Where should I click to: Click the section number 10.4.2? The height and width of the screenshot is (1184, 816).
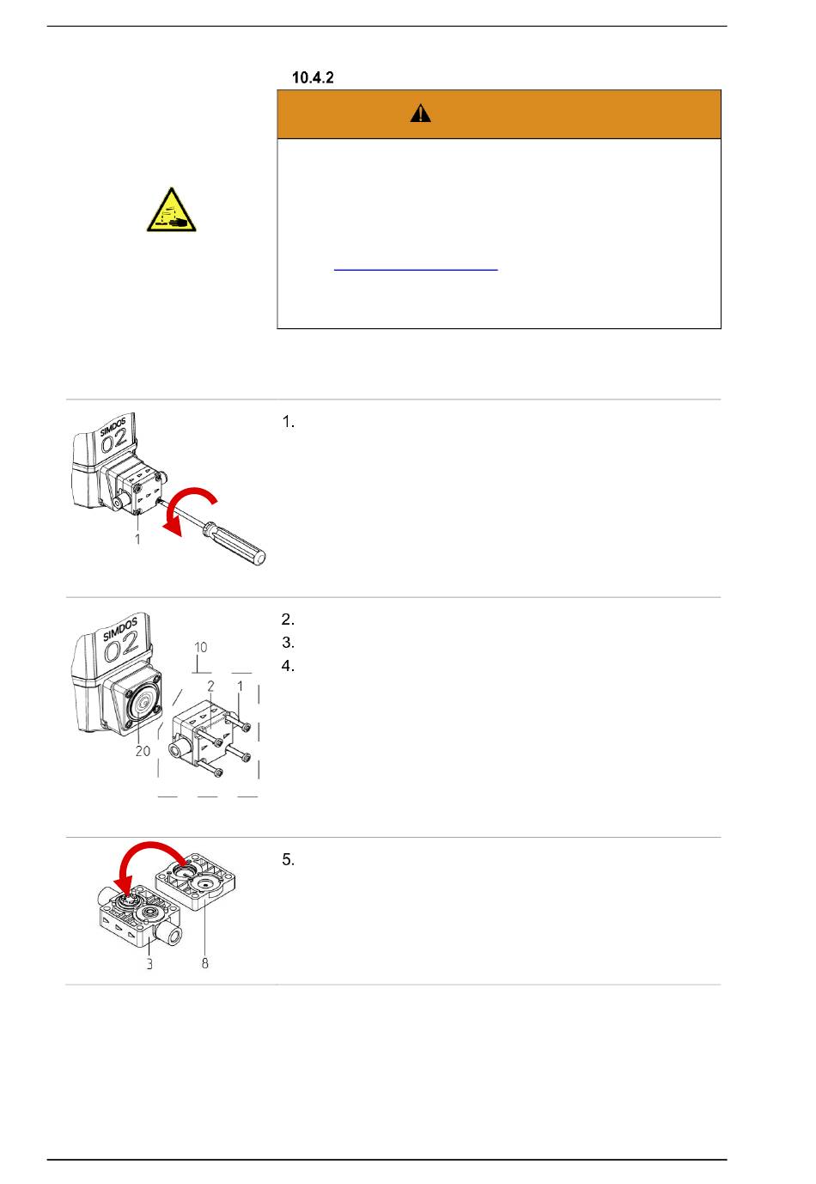click(313, 77)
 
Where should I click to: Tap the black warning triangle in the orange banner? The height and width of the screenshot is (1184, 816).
click(420, 113)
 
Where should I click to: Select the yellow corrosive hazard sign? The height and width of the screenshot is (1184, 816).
click(171, 210)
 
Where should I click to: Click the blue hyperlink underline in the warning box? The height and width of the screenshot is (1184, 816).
click(416, 270)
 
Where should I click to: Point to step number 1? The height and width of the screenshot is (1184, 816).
click(288, 422)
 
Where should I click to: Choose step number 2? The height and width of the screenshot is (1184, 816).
click(288, 619)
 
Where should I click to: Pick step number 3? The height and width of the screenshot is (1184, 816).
click(288, 642)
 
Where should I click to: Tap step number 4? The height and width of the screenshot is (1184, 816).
click(288, 666)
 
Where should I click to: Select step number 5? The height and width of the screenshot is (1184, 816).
click(288, 859)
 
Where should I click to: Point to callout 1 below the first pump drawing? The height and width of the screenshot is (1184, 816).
click(138, 539)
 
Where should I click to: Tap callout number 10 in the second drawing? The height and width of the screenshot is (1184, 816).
click(200, 647)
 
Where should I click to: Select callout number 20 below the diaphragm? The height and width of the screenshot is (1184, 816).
click(143, 751)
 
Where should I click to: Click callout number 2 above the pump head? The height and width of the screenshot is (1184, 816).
click(210, 687)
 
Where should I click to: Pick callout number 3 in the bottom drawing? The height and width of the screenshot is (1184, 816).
click(149, 964)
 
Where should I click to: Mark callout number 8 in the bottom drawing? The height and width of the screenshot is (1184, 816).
click(205, 963)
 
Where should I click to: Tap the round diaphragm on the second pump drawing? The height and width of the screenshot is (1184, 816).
click(142, 704)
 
